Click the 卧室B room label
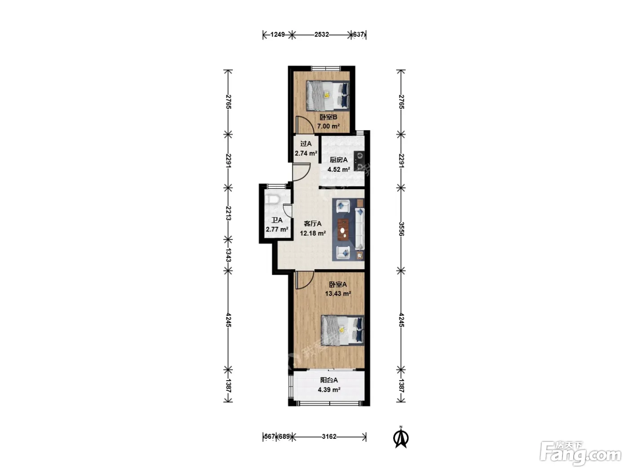click(328, 117)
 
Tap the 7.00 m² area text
click(328, 126)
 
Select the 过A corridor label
click(306, 143)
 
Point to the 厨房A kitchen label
click(338, 160)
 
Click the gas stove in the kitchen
click(359, 161)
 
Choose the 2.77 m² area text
click(277, 229)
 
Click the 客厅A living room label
click(312, 223)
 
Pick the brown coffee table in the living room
click(343, 229)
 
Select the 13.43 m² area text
click(338, 294)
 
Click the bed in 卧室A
click(342, 330)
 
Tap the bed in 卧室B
click(328, 96)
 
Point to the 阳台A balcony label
click(329, 380)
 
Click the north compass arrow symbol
click(401, 438)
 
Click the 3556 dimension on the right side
click(401, 229)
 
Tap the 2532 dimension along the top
click(322, 35)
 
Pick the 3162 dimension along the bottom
click(329, 436)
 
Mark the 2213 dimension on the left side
click(228, 213)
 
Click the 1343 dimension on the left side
click(228, 255)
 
